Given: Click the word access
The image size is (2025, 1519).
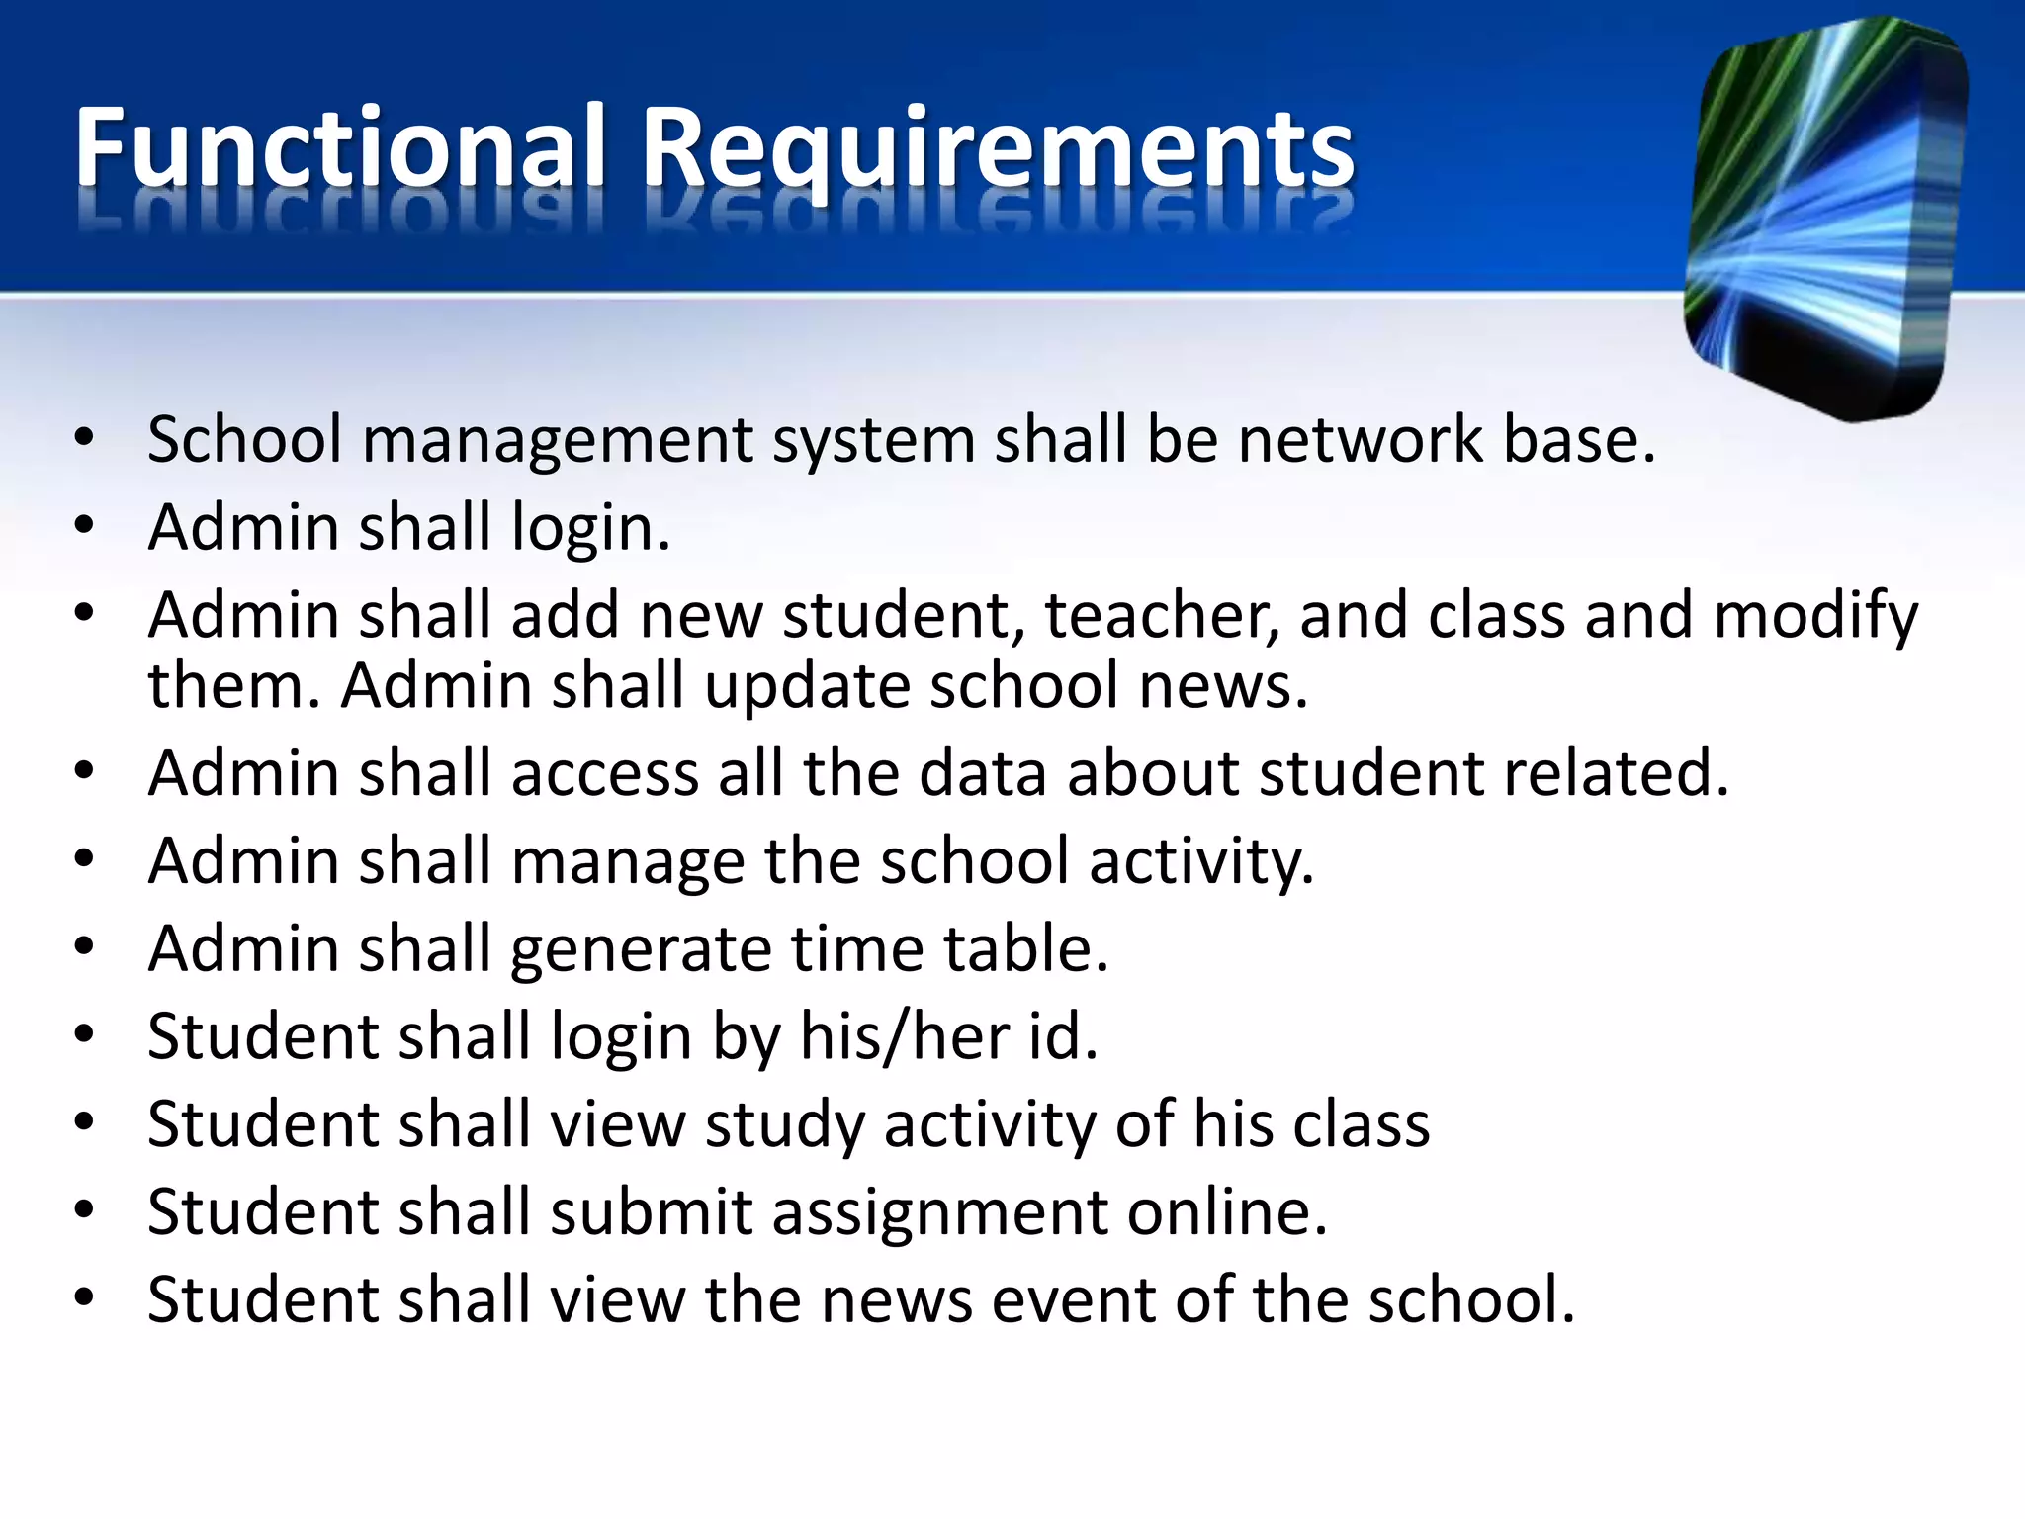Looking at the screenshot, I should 604,773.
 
